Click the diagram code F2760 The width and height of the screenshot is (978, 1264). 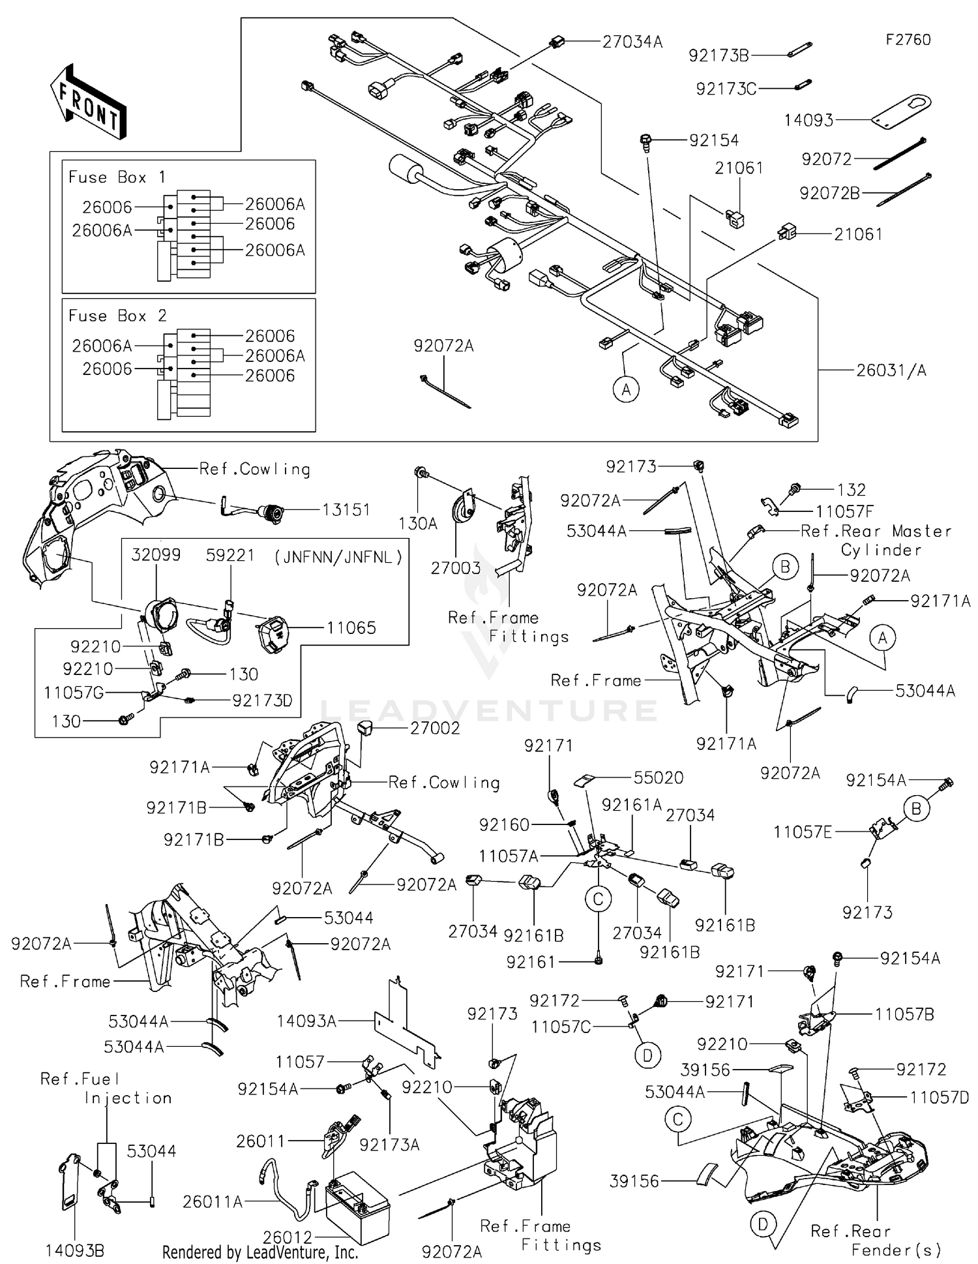[908, 40]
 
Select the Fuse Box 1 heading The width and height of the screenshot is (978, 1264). [117, 177]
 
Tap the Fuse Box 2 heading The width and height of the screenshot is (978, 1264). [117, 316]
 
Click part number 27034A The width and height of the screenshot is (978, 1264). [631, 42]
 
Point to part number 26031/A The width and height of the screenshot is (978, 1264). [891, 370]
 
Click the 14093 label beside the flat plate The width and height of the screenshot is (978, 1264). [808, 120]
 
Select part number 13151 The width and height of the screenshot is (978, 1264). [346, 510]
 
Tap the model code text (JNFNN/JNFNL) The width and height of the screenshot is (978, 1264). [338, 557]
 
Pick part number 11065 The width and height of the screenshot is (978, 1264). [351, 628]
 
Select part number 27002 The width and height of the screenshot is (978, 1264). [435, 728]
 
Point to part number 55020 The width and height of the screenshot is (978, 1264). [659, 777]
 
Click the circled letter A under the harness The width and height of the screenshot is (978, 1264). [626, 390]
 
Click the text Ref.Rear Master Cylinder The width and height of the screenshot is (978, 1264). [876, 540]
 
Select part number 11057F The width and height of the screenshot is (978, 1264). [844, 513]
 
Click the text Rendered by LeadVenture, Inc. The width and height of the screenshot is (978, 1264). [260, 1252]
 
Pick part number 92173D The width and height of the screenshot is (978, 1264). [262, 700]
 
